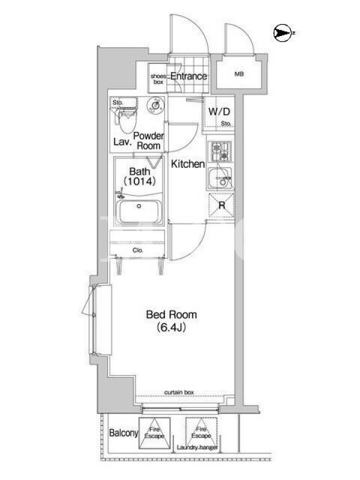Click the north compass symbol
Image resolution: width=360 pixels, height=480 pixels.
(x=282, y=33)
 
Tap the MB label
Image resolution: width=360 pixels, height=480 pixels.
(x=239, y=74)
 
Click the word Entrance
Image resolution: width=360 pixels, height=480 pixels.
(x=188, y=76)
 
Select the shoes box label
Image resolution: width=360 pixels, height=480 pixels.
(x=158, y=79)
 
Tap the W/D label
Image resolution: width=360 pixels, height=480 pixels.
(x=219, y=112)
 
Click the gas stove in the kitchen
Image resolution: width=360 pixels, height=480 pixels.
(x=220, y=152)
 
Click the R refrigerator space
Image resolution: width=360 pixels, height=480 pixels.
(x=221, y=205)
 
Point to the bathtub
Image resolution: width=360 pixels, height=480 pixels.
(x=140, y=212)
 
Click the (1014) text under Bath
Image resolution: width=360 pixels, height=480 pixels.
(x=140, y=181)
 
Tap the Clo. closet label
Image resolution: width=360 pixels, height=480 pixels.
(x=138, y=250)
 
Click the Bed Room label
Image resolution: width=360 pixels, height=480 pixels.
(x=172, y=314)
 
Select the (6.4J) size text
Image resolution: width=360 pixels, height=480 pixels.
(x=172, y=328)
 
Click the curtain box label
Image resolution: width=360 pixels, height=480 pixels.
(x=179, y=392)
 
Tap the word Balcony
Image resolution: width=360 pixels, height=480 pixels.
(x=124, y=433)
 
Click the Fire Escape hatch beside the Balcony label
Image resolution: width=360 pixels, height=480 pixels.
(x=155, y=433)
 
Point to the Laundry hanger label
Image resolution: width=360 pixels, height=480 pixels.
(x=197, y=448)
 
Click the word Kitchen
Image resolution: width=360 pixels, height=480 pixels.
(x=188, y=164)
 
